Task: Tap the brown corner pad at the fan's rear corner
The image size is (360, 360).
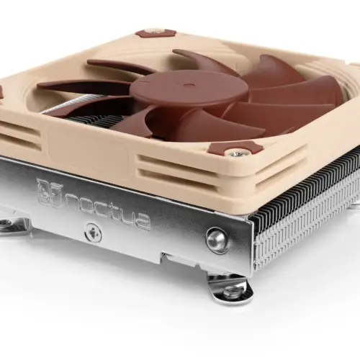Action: coord(155,33)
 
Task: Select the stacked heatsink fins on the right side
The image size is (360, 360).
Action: coord(310,209)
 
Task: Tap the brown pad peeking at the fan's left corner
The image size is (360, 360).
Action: coord(2,93)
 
